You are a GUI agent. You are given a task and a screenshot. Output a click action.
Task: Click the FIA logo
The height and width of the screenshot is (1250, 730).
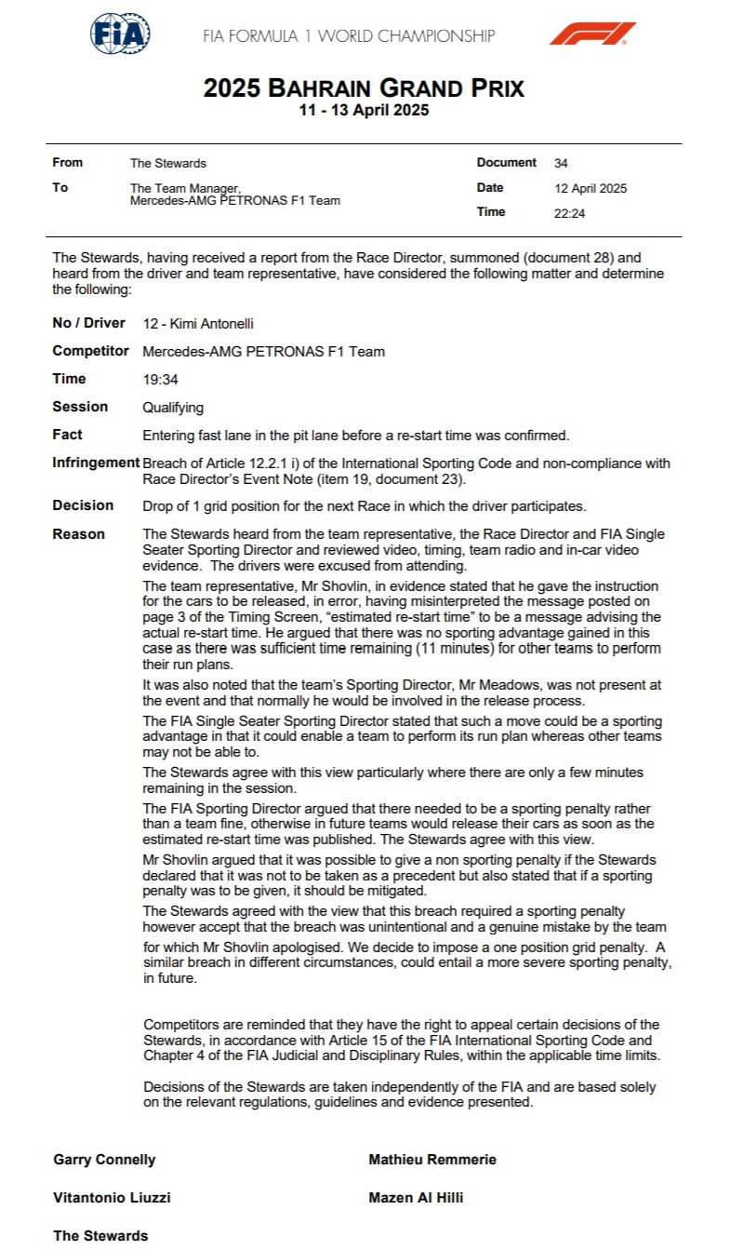click(120, 34)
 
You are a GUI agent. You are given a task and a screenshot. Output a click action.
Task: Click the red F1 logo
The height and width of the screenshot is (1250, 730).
click(591, 34)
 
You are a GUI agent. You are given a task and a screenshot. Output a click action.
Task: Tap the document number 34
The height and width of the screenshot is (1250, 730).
click(561, 163)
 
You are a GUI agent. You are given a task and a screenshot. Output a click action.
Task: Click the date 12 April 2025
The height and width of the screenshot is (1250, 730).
click(591, 188)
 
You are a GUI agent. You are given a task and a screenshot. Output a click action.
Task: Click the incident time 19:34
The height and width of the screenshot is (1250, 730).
click(159, 380)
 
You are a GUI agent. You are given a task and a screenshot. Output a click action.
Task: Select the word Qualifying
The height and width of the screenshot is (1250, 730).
click(173, 408)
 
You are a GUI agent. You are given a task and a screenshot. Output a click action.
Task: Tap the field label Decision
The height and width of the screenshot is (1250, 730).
click(83, 505)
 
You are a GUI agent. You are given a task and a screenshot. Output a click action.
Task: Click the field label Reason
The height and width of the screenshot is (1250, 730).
click(79, 534)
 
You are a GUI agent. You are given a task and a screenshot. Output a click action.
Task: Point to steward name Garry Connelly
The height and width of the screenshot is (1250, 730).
click(104, 1160)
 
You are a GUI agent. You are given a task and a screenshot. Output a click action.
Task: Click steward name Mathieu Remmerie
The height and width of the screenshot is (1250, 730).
click(432, 1160)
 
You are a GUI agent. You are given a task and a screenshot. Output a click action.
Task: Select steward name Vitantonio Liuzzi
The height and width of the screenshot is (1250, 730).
click(112, 1198)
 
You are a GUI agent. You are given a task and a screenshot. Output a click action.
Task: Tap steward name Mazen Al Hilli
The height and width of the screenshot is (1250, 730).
click(416, 1198)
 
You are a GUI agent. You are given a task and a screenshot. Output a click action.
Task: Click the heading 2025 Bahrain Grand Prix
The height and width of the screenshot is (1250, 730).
click(365, 88)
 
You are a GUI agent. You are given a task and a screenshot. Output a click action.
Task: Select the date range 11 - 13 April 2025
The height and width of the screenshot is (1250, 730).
click(365, 110)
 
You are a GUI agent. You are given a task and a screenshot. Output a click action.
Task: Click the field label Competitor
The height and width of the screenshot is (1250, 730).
click(90, 352)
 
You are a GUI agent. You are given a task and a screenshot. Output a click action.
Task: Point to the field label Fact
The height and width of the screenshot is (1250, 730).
click(67, 435)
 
